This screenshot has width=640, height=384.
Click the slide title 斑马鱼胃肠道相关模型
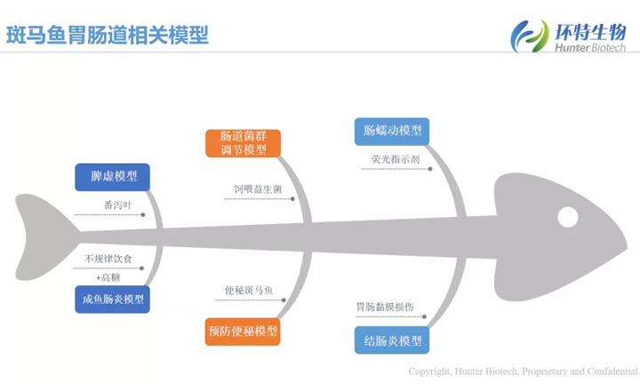click(x=108, y=35)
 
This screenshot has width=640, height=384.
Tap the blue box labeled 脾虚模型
click(x=113, y=176)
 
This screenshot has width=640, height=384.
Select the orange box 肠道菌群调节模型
click(x=243, y=143)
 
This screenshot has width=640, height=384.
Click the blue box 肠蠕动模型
click(x=391, y=132)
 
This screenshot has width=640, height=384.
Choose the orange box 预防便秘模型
click(x=243, y=332)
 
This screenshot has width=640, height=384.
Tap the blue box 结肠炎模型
click(x=391, y=340)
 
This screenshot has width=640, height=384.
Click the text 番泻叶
click(x=117, y=204)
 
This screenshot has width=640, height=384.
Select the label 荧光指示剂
click(x=396, y=160)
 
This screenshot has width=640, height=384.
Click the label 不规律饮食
click(x=108, y=259)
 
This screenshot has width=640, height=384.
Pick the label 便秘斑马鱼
click(x=249, y=291)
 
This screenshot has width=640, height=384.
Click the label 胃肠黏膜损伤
click(x=384, y=307)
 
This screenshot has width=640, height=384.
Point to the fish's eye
click(x=566, y=216)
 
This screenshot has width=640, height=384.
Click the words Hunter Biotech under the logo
click(x=588, y=48)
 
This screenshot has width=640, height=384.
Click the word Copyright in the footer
click(x=429, y=371)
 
